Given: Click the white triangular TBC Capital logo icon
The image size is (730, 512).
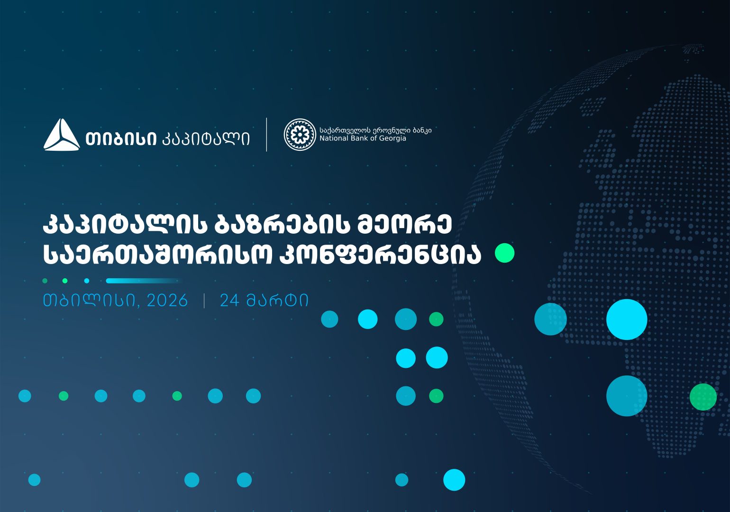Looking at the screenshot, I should pyautogui.click(x=62, y=136).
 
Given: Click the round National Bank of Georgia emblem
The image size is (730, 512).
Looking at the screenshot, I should pyautogui.click(x=300, y=135).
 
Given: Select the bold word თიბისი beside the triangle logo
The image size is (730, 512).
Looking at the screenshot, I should pyautogui.click(x=121, y=138).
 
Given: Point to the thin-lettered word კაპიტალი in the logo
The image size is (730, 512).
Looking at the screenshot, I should pyautogui.click(x=206, y=138).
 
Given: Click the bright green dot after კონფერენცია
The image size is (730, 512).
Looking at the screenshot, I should pyautogui.click(x=504, y=253).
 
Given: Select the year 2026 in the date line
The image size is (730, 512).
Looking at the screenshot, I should pyautogui.click(x=167, y=301).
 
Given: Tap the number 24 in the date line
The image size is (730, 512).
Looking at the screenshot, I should pyautogui.click(x=230, y=301).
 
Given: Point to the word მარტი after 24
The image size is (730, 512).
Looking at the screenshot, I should pyautogui.click(x=277, y=301).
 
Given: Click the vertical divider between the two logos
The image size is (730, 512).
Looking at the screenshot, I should pyautogui.click(x=266, y=135).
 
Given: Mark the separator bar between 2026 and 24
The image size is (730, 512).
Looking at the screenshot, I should pyautogui.click(x=204, y=301).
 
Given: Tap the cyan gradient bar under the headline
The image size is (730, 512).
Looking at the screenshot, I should pyautogui.click(x=142, y=281).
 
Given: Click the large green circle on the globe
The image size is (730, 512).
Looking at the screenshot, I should pyautogui.click(x=703, y=397).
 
